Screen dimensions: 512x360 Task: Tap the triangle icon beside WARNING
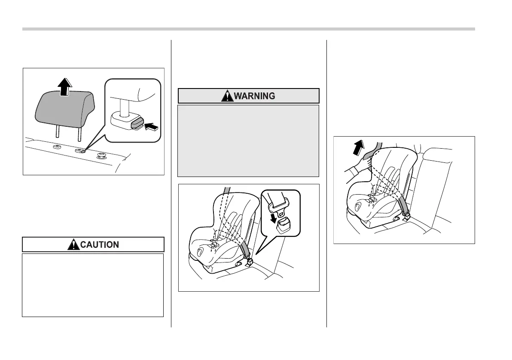tap(227, 96)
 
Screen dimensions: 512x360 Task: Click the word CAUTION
tap(100, 245)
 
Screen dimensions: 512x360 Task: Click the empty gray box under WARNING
tap(248, 140)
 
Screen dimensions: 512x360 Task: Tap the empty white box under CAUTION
tap(93, 285)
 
